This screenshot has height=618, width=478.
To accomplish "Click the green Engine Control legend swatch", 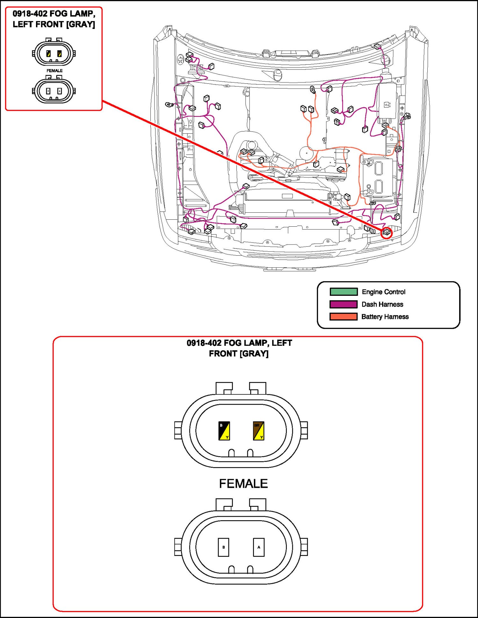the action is pyautogui.click(x=344, y=292).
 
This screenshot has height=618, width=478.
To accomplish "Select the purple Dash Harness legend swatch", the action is pyautogui.click(x=344, y=304).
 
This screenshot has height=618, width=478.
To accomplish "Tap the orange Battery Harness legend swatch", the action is pyautogui.click(x=344, y=316).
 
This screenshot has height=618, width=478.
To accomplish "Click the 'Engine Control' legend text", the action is pyautogui.click(x=383, y=292).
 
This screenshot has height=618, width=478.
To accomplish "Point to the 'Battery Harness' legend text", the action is pyautogui.click(x=385, y=316).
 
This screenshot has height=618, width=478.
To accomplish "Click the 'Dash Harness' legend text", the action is pyautogui.click(x=382, y=304).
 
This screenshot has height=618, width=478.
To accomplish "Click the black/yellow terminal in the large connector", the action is pyautogui.click(x=224, y=431).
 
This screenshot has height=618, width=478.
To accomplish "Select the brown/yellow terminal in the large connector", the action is pyautogui.click(x=258, y=431).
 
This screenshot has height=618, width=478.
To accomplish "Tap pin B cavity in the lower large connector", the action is pyautogui.click(x=223, y=547).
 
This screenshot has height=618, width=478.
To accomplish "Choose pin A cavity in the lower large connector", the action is pyautogui.click(x=258, y=547).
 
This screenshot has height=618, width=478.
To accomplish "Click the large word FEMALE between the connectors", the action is pyautogui.click(x=243, y=484).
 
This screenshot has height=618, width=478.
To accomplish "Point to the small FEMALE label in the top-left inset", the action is pyautogui.click(x=54, y=71).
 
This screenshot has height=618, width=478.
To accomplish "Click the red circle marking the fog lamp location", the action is pyautogui.click(x=387, y=232).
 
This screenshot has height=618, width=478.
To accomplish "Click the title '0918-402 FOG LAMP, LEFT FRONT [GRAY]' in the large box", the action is pyautogui.click(x=239, y=348).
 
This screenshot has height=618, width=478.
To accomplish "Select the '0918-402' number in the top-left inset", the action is pyautogui.click(x=30, y=14).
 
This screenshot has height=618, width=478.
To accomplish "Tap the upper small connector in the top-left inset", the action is pyautogui.click(x=54, y=53).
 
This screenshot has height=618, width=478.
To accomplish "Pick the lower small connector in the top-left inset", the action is pyautogui.click(x=54, y=91).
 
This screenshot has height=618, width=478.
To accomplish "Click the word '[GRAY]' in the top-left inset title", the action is pyautogui.click(x=81, y=25).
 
